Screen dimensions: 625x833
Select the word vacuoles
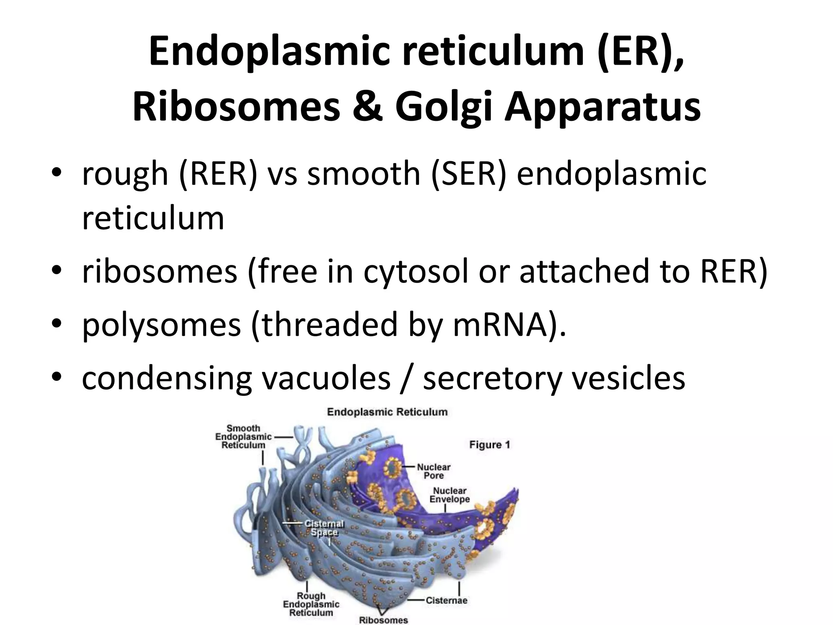click(325, 378)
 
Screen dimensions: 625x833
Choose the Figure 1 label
click(489, 444)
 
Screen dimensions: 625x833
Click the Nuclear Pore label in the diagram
click(434, 471)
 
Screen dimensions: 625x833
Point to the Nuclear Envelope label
click(449, 495)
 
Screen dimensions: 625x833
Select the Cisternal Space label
click(324, 528)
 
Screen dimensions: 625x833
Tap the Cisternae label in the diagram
click(446, 600)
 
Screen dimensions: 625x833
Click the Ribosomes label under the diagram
click(383, 620)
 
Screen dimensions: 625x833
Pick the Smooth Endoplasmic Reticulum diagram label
click(243, 437)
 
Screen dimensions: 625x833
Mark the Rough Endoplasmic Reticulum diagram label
click(311, 604)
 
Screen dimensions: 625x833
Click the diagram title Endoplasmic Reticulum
click(387, 412)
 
